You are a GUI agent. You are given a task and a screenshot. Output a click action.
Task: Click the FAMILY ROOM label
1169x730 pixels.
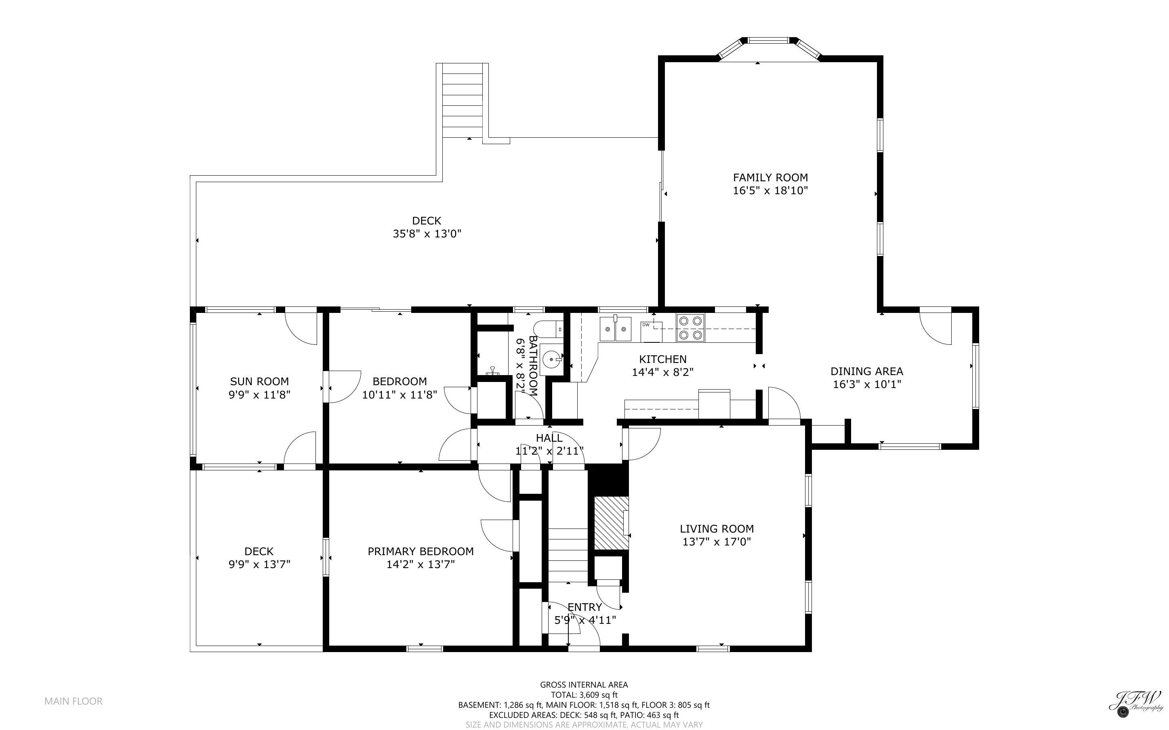(x=770, y=178)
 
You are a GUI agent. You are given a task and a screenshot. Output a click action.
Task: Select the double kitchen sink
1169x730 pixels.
(x=615, y=329)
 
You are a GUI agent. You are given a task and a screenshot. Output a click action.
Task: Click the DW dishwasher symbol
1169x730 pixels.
(x=651, y=331)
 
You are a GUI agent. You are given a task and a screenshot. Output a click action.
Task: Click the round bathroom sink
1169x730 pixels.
(x=551, y=359)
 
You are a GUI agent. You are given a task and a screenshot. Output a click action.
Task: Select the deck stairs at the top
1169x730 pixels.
(x=462, y=101)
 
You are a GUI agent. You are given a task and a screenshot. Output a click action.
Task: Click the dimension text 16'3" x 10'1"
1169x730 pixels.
(x=867, y=384)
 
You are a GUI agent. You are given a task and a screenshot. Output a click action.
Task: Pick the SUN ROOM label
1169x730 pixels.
(x=259, y=382)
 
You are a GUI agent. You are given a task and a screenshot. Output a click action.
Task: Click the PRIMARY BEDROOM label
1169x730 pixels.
(x=421, y=552)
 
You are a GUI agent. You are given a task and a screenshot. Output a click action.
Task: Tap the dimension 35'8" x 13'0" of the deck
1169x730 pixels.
(x=427, y=234)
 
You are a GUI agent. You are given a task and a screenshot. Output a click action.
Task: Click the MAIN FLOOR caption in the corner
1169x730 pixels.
(x=74, y=701)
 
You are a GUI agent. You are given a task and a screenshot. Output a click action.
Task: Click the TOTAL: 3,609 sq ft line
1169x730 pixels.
(x=584, y=695)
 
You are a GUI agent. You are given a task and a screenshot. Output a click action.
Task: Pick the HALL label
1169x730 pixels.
(x=549, y=438)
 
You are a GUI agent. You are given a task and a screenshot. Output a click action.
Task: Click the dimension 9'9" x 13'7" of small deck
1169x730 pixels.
(x=259, y=564)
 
